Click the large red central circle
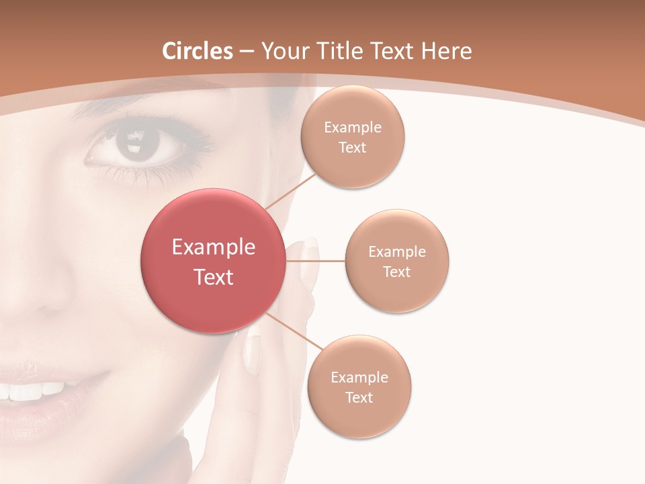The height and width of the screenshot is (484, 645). [x=214, y=261]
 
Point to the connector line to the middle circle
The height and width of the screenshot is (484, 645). [x=316, y=260]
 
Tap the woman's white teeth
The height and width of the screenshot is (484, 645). [x=34, y=391]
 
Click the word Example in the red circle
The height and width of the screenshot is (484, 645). [x=214, y=247]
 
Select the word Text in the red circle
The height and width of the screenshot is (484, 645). [x=214, y=277]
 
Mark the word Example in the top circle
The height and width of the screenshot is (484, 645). [x=353, y=128]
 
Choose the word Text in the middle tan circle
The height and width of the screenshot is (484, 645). [x=397, y=272]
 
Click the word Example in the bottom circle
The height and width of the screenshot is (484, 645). [x=359, y=378]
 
